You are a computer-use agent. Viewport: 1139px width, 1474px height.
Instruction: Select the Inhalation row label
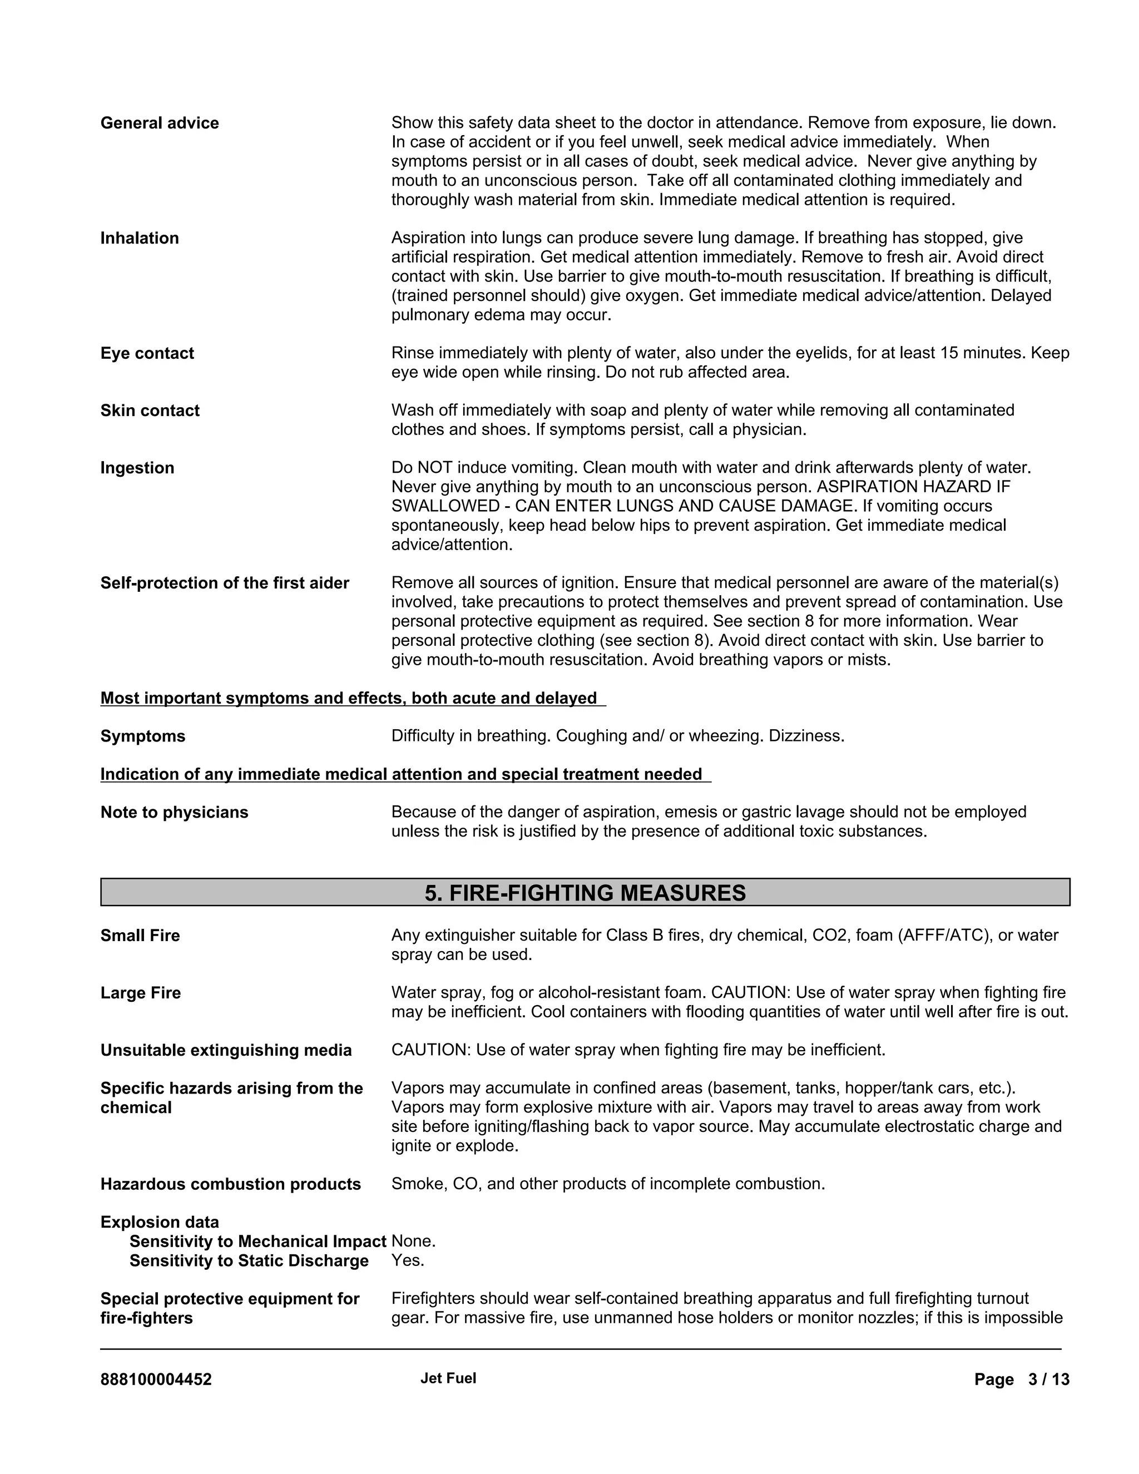point(140,238)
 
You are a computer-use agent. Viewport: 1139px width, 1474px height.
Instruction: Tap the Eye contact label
point(147,354)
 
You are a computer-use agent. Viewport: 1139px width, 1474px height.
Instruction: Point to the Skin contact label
point(150,411)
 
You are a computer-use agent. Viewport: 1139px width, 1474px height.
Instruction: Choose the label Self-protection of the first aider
point(225,583)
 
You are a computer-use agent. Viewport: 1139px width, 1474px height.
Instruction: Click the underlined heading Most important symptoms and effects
point(349,699)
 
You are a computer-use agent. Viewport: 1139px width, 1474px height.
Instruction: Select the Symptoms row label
point(142,736)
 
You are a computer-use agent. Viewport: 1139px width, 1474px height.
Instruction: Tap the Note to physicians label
point(174,813)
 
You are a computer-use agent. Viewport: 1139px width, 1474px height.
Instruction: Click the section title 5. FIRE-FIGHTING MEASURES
point(585,893)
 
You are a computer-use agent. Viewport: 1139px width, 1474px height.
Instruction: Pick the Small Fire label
point(140,936)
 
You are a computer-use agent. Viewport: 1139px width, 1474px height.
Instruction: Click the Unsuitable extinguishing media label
point(226,1051)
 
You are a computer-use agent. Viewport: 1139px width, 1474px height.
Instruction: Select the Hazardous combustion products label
point(230,1184)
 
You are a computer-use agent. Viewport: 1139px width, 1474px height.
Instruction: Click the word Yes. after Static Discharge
point(408,1261)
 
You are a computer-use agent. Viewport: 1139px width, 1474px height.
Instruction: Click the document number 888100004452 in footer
point(156,1379)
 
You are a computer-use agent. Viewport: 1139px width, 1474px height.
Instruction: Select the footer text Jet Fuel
point(448,1378)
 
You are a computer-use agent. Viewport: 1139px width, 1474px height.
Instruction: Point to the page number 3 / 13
point(1048,1379)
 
